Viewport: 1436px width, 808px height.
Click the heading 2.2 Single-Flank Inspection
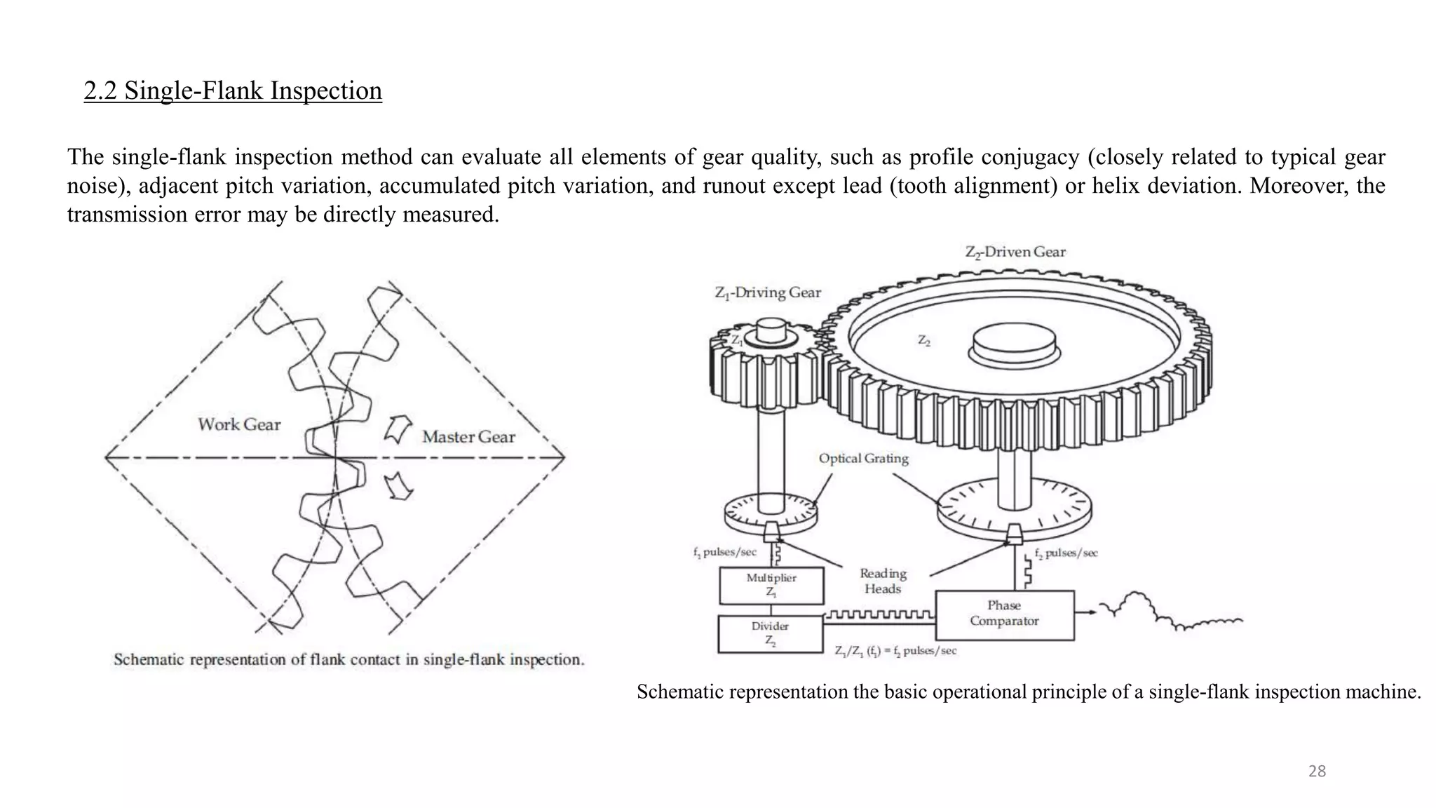pos(233,90)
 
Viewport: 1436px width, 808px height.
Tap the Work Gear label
pos(239,424)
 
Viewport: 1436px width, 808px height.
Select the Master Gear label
pos(468,437)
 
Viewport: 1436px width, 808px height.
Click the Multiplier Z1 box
pos(771,585)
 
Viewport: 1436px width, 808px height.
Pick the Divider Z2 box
pos(770,633)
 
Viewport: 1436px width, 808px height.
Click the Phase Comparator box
pos(1004,614)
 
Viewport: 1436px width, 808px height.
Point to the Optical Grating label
pos(863,459)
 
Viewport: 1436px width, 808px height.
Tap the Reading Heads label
pos(883,581)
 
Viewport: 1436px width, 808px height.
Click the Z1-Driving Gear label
pos(768,292)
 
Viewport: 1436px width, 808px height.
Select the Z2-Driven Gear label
pos(1015,252)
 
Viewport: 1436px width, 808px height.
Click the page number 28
pos(1317,772)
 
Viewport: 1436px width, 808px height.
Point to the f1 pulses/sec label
pos(725,552)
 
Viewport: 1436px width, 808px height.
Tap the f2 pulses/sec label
pos(1066,553)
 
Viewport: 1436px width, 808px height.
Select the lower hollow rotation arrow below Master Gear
pos(398,485)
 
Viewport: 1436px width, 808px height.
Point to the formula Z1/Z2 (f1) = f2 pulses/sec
pos(895,651)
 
